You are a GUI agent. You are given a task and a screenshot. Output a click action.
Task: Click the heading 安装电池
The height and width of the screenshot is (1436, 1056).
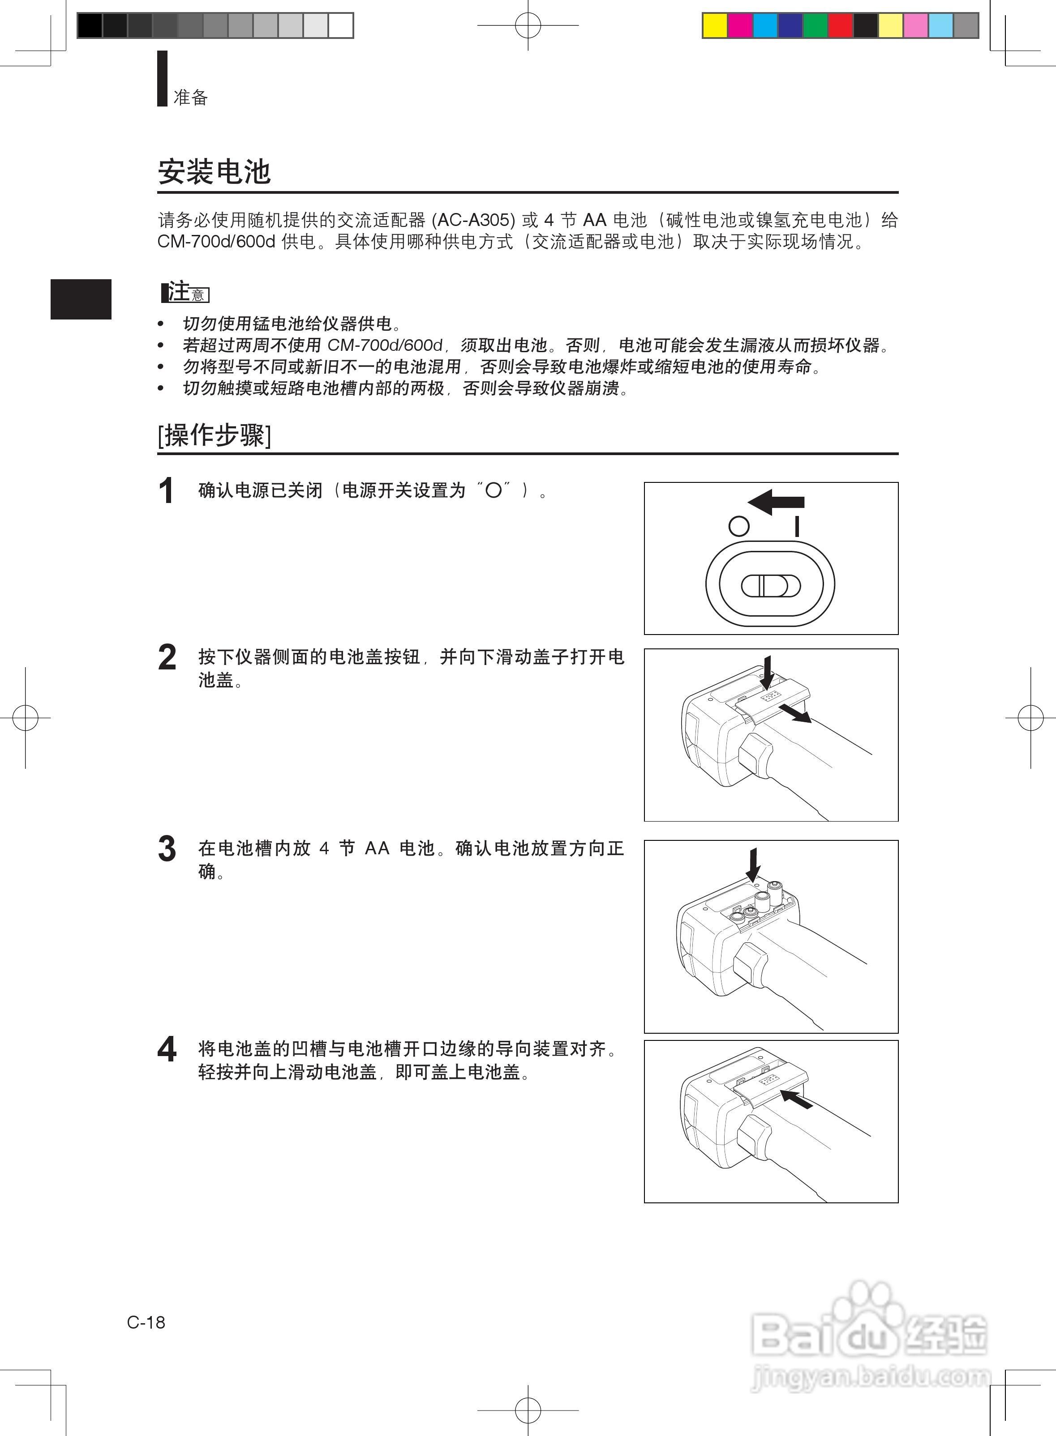click(x=214, y=172)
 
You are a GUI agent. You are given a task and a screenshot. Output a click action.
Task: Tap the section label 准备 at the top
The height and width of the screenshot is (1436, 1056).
click(x=190, y=97)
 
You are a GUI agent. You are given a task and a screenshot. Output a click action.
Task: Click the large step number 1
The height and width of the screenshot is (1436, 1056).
click(x=166, y=492)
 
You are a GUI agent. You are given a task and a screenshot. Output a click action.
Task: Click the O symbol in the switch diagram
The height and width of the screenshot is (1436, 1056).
click(x=738, y=526)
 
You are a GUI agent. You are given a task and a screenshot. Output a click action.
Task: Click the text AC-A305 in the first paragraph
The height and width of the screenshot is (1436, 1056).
click(x=474, y=220)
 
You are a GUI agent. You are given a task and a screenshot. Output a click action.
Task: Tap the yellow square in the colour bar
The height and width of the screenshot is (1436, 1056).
click(x=715, y=26)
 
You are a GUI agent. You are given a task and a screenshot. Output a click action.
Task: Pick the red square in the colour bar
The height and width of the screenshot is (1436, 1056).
click(x=840, y=26)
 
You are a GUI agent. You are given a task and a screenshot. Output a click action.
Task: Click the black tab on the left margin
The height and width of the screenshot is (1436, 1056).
click(x=81, y=299)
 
